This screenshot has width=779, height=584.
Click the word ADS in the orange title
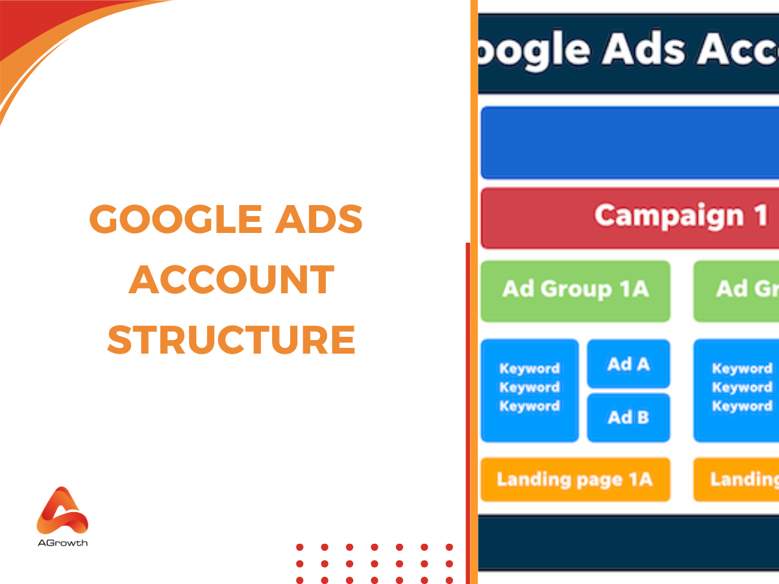[328, 219]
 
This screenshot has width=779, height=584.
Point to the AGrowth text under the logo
[62, 542]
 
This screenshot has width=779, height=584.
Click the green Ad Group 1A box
[575, 291]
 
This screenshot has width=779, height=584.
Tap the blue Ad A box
[628, 364]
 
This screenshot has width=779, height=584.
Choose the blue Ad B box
[628, 417]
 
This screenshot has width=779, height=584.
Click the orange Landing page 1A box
[575, 480]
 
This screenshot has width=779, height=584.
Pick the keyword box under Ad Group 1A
[529, 389]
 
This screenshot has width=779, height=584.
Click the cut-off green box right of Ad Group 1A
[736, 291]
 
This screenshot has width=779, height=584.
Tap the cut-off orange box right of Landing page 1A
[736, 480]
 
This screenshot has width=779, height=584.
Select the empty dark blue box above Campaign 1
[630, 143]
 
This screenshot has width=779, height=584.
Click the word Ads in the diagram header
[642, 49]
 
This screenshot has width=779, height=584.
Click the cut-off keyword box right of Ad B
[736, 389]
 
